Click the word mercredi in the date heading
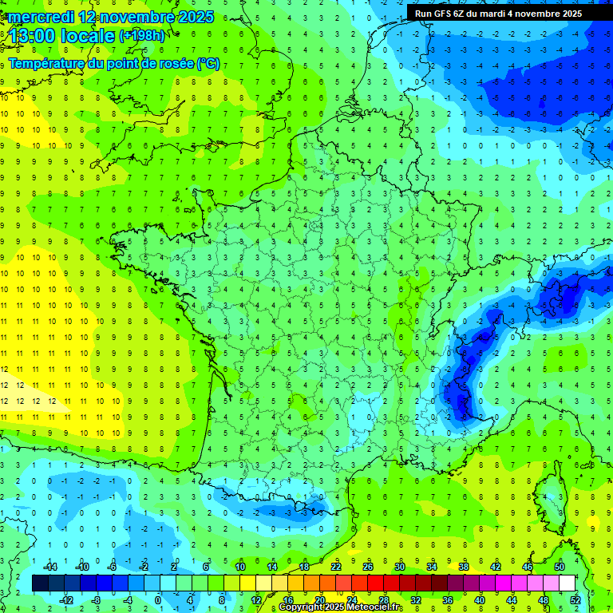click(x=41, y=17)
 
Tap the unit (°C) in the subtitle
click(x=208, y=64)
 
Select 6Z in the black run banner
click(x=465, y=14)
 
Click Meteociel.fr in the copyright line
click(x=376, y=607)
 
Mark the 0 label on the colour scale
click(x=158, y=599)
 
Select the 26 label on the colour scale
click(x=367, y=566)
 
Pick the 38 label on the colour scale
click(x=462, y=566)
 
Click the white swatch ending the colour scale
click(x=567, y=583)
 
